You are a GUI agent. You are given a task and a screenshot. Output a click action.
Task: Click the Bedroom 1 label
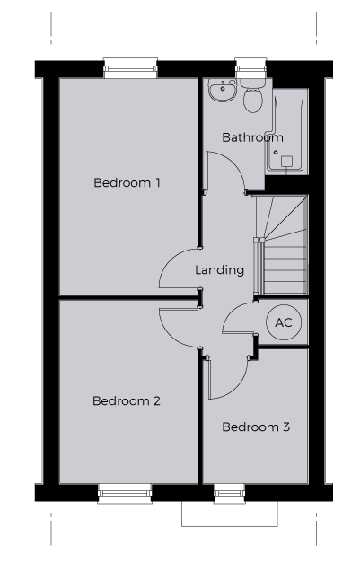127,183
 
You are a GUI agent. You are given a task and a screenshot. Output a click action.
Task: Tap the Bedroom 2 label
127,400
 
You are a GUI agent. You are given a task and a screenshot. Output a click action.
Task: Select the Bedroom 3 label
256,427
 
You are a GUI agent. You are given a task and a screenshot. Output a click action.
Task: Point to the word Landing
220,270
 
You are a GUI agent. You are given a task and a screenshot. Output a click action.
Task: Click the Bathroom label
252,137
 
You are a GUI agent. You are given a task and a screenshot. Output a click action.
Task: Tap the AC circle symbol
284,322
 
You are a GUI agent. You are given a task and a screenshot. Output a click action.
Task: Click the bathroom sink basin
223,91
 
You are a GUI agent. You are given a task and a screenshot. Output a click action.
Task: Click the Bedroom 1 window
130,68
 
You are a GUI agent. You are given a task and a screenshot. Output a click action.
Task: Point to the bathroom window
250,68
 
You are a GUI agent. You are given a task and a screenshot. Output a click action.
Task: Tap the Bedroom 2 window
125,493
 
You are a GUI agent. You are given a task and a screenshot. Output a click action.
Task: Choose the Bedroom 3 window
230,493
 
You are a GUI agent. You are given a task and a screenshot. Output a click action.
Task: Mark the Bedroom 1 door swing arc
171,259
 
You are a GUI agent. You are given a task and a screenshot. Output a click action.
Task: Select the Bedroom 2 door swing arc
171,337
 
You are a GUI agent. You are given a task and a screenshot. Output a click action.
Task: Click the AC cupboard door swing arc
233,310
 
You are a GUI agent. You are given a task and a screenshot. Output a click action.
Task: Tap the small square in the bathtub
286,162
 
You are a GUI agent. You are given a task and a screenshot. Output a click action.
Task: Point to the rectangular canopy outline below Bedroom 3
229,526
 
